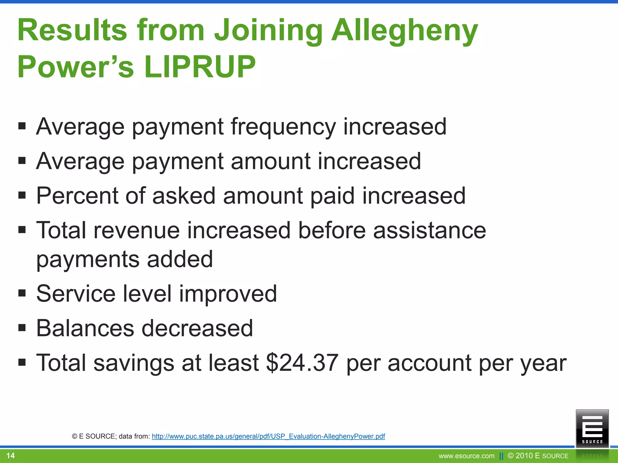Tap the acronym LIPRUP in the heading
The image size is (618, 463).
tap(199, 67)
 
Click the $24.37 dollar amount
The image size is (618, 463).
tap(302, 363)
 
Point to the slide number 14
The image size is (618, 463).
tap(11, 455)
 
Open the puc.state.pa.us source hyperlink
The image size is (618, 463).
tap(268, 436)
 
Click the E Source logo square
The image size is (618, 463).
tap(592, 428)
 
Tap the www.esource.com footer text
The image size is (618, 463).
tap(467, 456)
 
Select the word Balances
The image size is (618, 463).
tap(85, 328)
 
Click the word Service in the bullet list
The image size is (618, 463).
tap(76, 294)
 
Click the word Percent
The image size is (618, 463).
tap(77, 196)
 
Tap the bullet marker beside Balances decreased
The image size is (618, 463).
tap(22, 328)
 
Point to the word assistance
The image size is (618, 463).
tap(429, 231)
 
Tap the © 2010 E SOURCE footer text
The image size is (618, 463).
tap(538, 456)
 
